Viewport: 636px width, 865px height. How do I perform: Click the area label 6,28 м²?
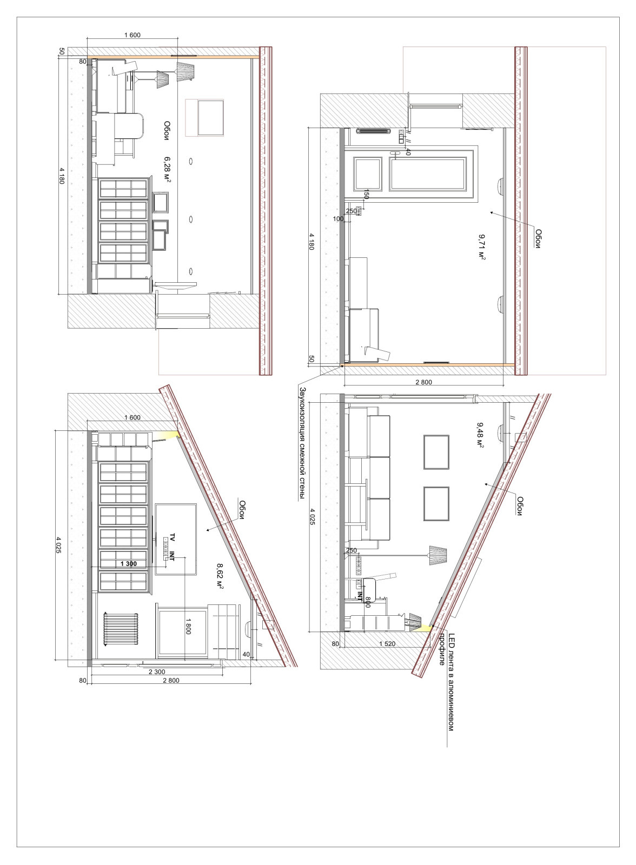pos(167,169)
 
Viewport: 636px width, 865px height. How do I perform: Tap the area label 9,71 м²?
pos(482,247)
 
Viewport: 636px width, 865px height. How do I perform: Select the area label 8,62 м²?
pos(220,576)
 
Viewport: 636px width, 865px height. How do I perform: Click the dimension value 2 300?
pos(157,671)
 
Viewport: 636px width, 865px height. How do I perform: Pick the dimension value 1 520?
pos(387,644)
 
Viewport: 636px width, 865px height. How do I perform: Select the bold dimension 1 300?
pos(128,563)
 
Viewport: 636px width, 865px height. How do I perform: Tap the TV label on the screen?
pos(173,537)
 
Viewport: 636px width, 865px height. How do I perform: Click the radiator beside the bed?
pos(121,629)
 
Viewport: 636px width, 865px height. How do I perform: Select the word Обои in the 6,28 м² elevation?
pos(167,130)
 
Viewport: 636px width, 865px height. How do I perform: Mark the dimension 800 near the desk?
pos(367,601)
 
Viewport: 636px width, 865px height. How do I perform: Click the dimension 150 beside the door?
pos(366,194)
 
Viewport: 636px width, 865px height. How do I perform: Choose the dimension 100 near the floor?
pos(338,219)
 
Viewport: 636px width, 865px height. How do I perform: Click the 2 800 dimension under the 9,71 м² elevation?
pos(424,382)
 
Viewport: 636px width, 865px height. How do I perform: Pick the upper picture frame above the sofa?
pos(436,452)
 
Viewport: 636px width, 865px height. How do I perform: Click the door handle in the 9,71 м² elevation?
pos(395,154)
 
